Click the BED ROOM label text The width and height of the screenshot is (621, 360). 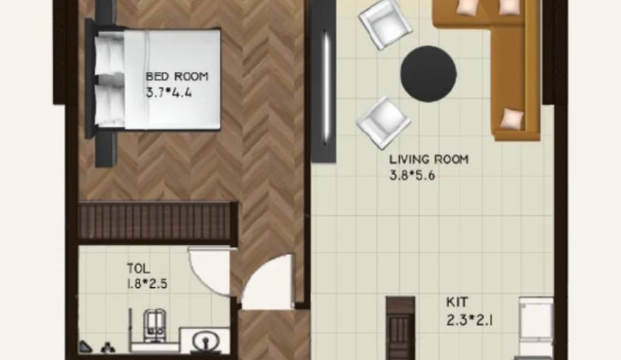pyautogui.click(x=177, y=76)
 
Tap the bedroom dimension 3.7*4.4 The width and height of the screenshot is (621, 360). pyautogui.click(x=172, y=92)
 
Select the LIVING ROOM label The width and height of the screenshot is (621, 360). pyautogui.click(x=428, y=160)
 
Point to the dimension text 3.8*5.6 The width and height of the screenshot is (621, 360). pyautogui.click(x=412, y=176)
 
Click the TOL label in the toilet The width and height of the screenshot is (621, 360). pyautogui.click(x=138, y=268)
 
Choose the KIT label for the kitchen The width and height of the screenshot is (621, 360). pyautogui.click(x=457, y=301)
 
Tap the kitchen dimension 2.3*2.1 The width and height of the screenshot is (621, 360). pyautogui.click(x=469, y=318)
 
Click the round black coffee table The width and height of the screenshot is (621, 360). pyautogui.click(x=428, y=73)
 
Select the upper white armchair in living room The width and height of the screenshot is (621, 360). pyautogui.click(x=385, y=23)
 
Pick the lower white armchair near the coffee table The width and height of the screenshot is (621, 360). pyautogui.click(x=383, y=123)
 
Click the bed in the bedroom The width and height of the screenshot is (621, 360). pyautogui.click(x=162, y=78)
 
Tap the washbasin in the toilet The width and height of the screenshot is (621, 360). pyautogui.click(x=206, y=341)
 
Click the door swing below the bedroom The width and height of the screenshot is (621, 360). pyautogui.click(x=268, y=282)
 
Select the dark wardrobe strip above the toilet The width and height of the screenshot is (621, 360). pyautogui.click(x=156, y=222)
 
